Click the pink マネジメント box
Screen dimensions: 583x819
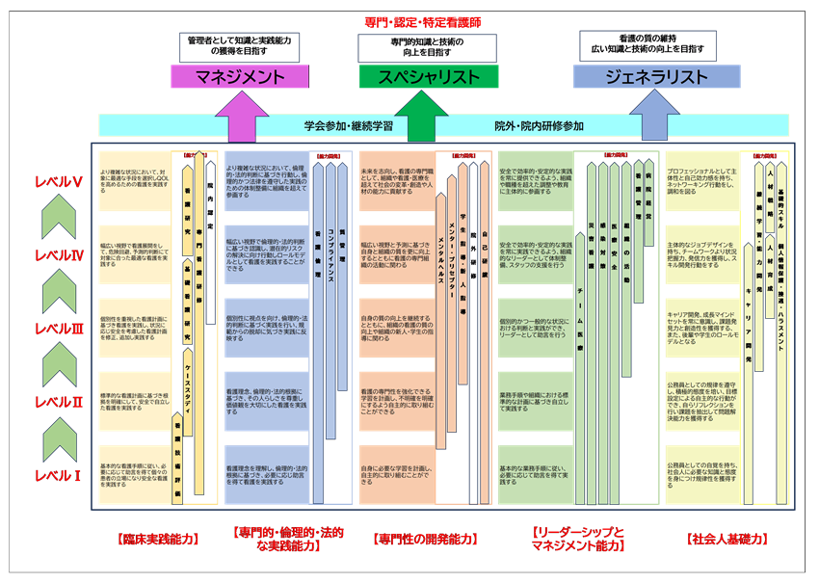227,77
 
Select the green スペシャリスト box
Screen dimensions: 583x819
429,77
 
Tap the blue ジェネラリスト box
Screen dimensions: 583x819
643,77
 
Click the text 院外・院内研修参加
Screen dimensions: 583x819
540,126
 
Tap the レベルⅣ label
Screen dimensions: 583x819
57,255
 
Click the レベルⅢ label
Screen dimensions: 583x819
57,329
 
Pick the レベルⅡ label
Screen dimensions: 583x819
57,401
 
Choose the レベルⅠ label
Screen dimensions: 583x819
57,474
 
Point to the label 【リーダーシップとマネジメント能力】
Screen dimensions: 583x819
578,539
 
